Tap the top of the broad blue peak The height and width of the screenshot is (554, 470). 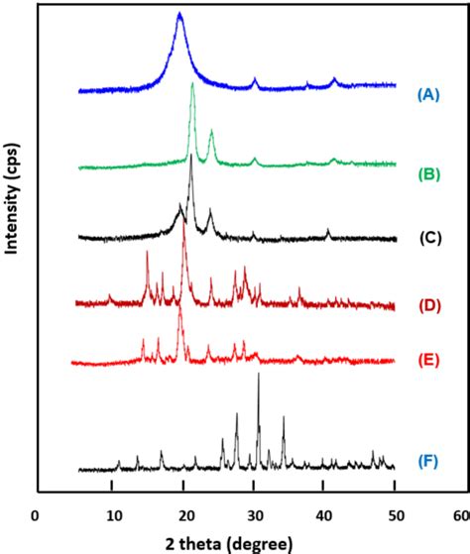click(179, 14)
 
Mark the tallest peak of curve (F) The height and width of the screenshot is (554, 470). click(259, 375)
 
